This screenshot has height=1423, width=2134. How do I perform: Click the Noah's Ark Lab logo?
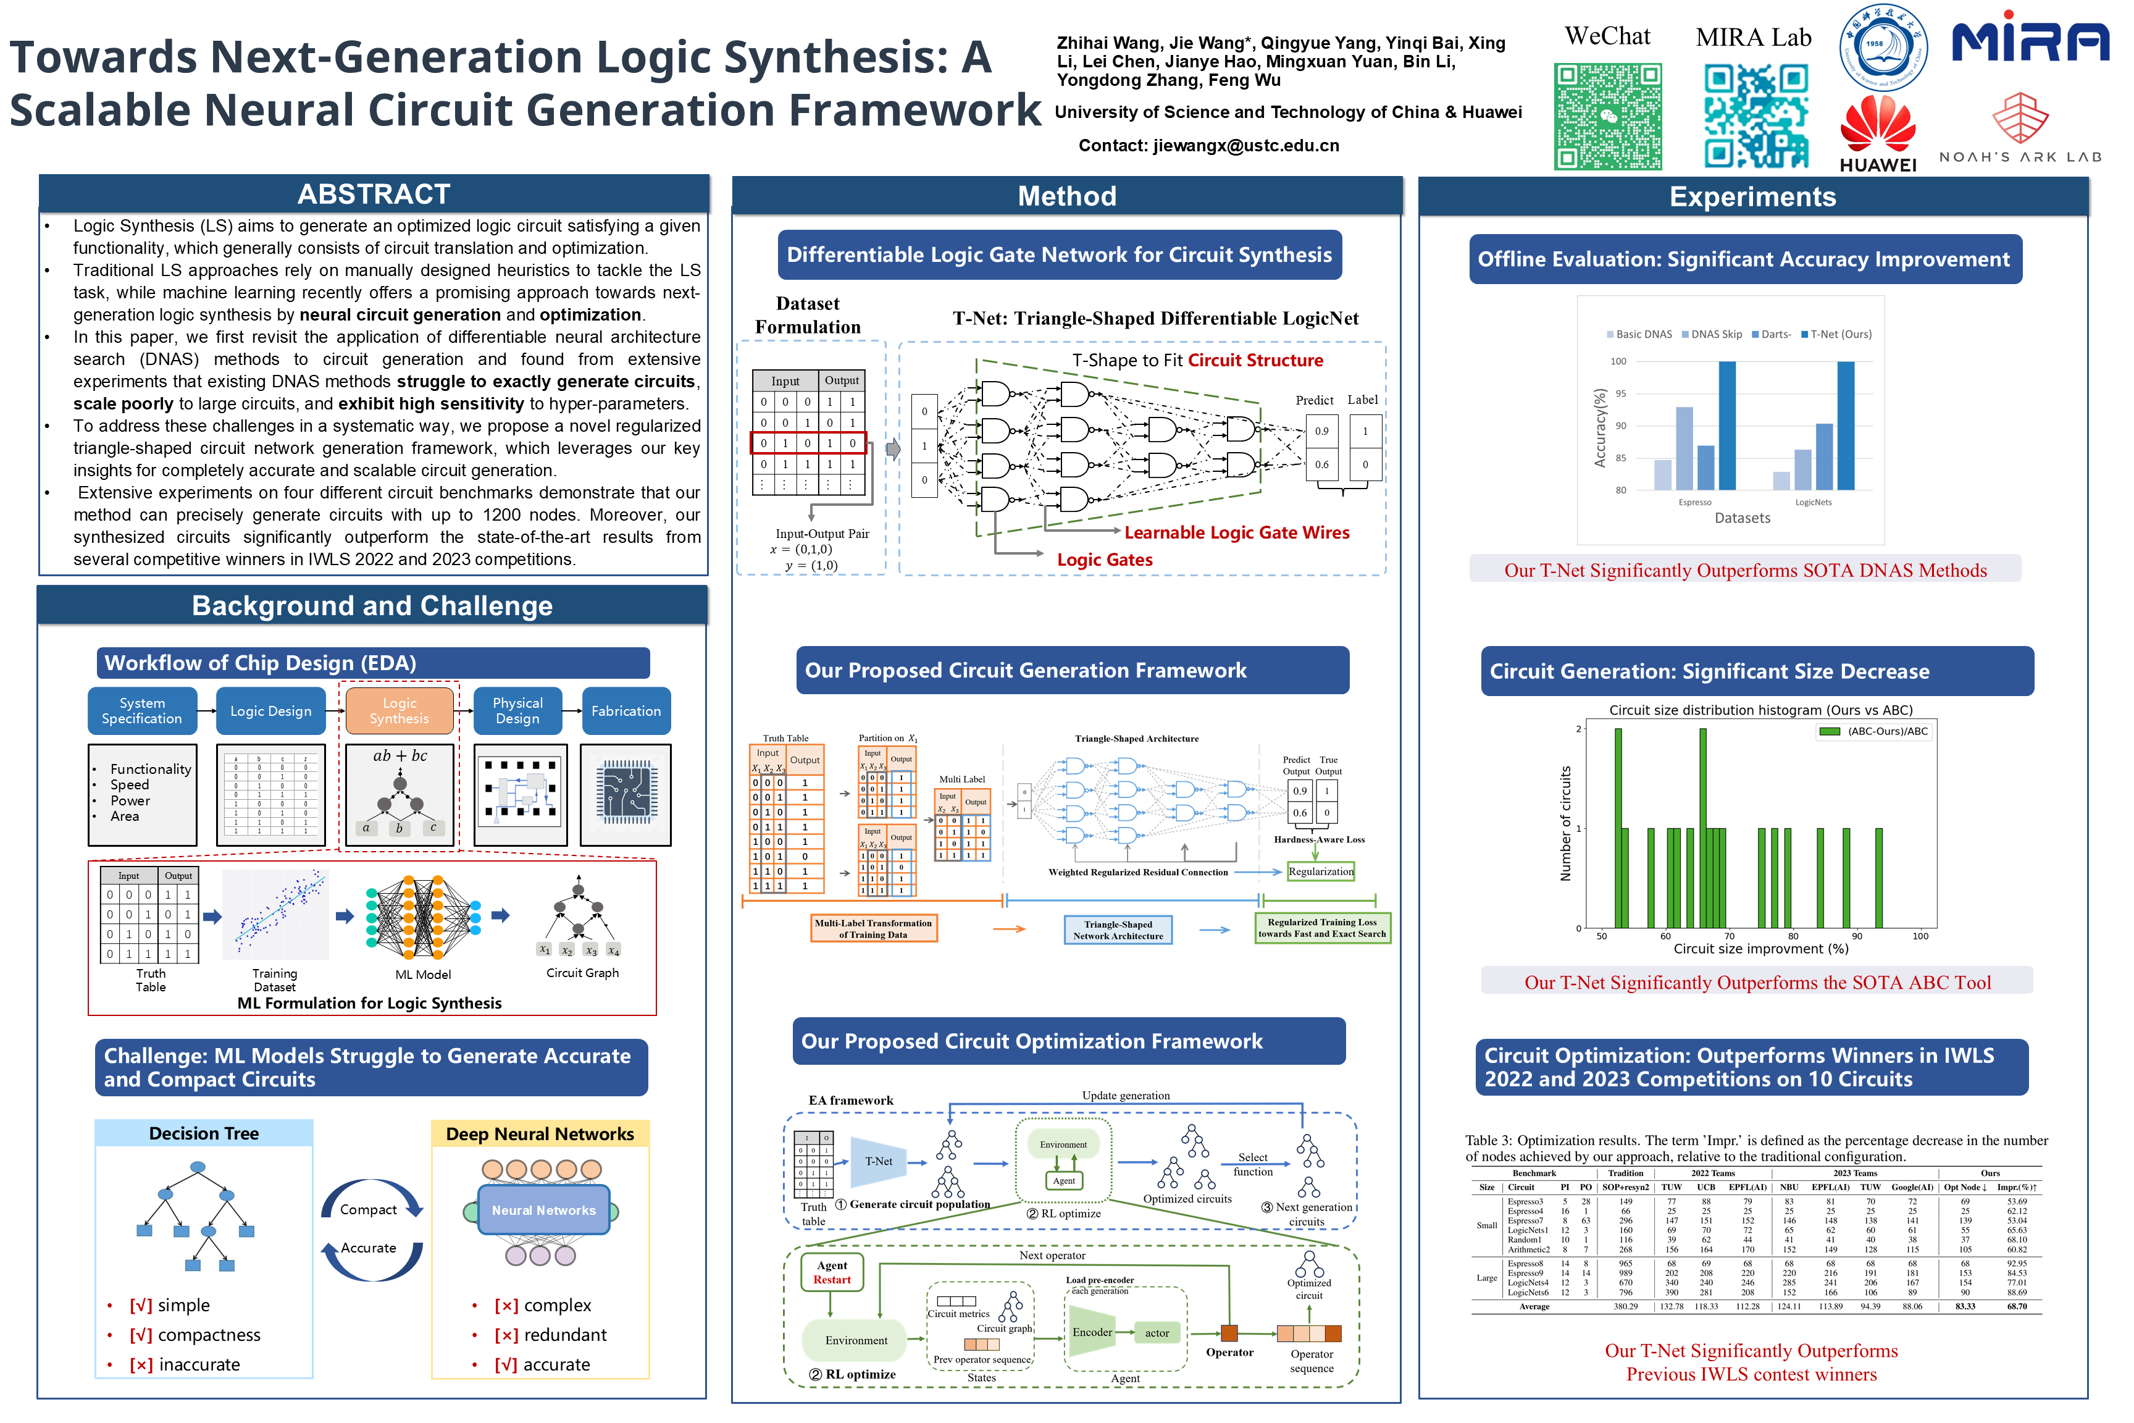click(2020, 128)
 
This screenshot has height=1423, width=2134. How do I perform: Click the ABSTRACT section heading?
click(374, 194)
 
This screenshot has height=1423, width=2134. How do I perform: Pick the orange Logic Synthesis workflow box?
click(400, 711)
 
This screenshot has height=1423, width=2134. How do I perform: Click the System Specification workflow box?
click(143, 711)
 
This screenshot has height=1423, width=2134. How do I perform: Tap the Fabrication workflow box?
click(626, 711)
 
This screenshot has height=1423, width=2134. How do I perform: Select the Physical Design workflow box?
click(517, 711)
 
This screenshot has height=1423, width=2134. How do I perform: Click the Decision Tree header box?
click(204, 1133)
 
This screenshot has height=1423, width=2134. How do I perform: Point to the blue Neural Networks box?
click(543, 1211)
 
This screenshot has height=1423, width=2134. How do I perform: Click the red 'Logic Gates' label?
click(1104, 560)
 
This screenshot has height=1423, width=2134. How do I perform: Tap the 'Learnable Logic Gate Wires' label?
click(1237, 533)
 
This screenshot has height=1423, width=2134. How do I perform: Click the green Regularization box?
click(1320, 872)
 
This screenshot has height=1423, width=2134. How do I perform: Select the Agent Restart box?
click(832, 1272)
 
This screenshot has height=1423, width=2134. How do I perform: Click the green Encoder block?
click(1092, 1332)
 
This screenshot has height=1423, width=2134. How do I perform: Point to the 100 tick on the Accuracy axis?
click(1618, 361)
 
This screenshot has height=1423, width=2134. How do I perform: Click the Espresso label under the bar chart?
click(1694, 503)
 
